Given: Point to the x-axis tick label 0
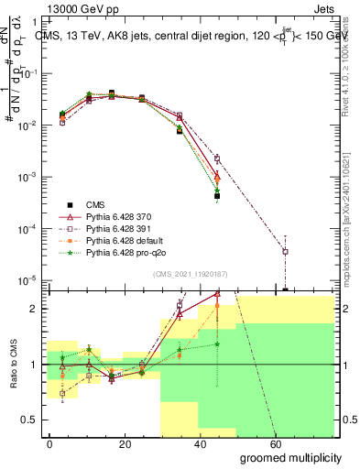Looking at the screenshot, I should click(x=49, y=442).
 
